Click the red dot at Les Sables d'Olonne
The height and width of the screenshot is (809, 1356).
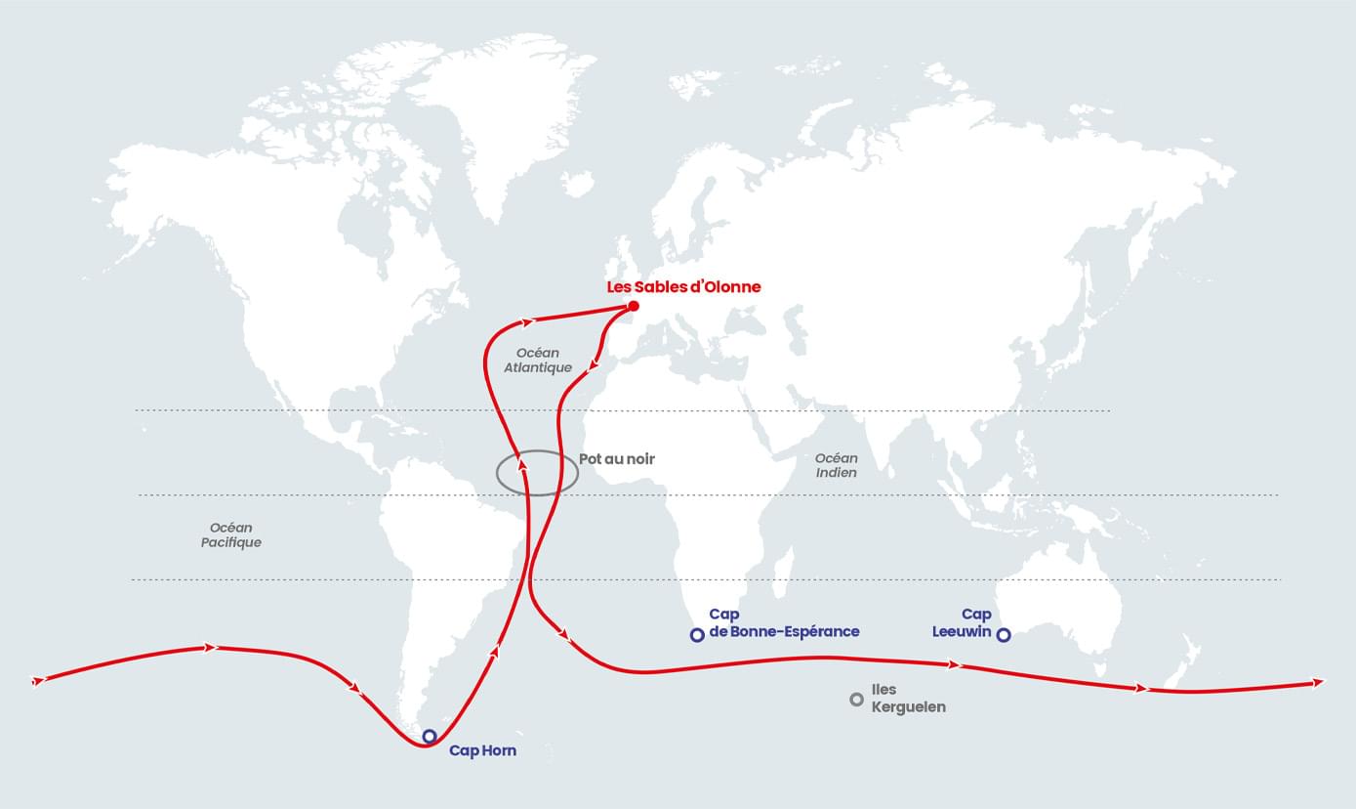coord(633,307)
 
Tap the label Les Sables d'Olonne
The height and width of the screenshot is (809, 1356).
coord(683,287)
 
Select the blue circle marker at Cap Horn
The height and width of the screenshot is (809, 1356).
coord(429,736)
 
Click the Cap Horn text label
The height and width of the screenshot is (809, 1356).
coord(482,751)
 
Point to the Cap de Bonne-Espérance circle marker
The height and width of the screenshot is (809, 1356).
coord(697,635)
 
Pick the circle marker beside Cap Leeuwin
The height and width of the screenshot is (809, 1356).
coord(1004,635)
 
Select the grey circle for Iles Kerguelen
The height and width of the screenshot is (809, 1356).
coord(856,699)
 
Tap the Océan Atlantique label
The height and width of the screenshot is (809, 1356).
coord(538,360)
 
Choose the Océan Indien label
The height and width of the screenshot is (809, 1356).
coord(837,465)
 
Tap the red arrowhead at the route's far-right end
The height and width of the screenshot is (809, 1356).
coord(1320,681)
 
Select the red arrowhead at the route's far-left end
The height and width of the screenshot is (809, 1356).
coord(38,680)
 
